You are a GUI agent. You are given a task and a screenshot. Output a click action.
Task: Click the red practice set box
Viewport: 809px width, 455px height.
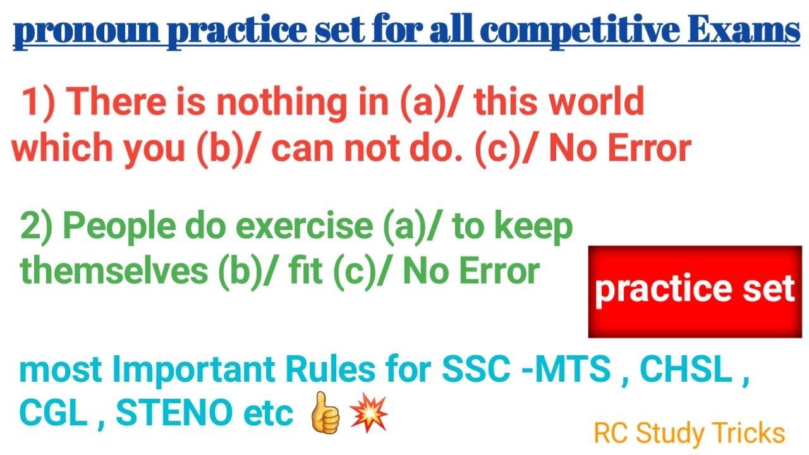[x=695, y=291]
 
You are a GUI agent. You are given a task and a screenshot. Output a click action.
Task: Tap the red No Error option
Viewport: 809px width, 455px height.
[x=619, y=148]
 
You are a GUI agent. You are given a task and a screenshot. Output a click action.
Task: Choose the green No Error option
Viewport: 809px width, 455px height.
[x=470, y=272]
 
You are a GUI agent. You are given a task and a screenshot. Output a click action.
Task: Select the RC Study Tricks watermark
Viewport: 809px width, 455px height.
[x=689, y=434]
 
